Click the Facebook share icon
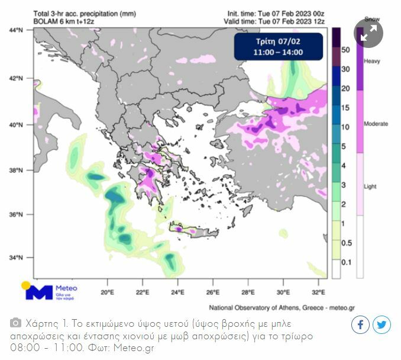361,325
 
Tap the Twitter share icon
381,325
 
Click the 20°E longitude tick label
107,292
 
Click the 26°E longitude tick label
213,292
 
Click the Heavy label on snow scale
372,61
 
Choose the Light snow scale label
370,187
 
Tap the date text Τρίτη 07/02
278,42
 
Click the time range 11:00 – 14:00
278,52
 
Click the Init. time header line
276,12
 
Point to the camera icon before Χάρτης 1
16,324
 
